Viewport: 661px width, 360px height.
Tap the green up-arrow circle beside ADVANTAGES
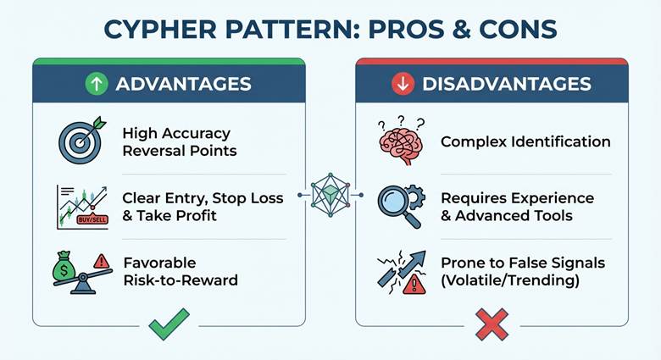pyautogui.click(x=97, y=84)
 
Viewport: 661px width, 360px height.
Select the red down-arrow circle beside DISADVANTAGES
pyautogui.click(x=403, y=84)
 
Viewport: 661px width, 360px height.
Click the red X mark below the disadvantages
pyautogui.click(x=492, y=324)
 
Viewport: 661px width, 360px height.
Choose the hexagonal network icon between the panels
pyautogui.click(x=330, y=196)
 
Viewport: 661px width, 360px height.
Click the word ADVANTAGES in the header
pyautogui.click(x=183, y=84)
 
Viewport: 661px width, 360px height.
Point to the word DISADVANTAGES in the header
pyautogui.click(x=507, y=84)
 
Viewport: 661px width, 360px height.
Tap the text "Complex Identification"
pyautogui.click(x=525, y=141)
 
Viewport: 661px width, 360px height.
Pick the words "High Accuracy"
pyautogui.click(x=176, y=133)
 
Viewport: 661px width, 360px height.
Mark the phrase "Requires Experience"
pyautogui.click(x=518, y=197)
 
